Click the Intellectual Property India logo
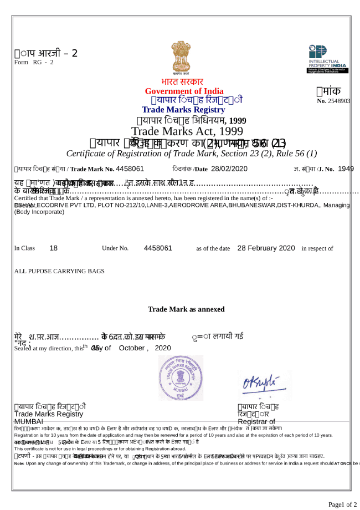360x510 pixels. [328, 59]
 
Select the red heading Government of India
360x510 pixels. [184, 91]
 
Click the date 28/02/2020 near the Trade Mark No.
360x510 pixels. [228, 169]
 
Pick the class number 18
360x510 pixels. [54, 248]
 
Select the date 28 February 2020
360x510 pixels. [266, 248]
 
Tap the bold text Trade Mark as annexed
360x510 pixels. [186, 309]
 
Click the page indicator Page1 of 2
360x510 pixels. [342, 504]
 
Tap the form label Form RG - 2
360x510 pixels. [34, 62]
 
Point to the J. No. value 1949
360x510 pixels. [346, 169]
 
